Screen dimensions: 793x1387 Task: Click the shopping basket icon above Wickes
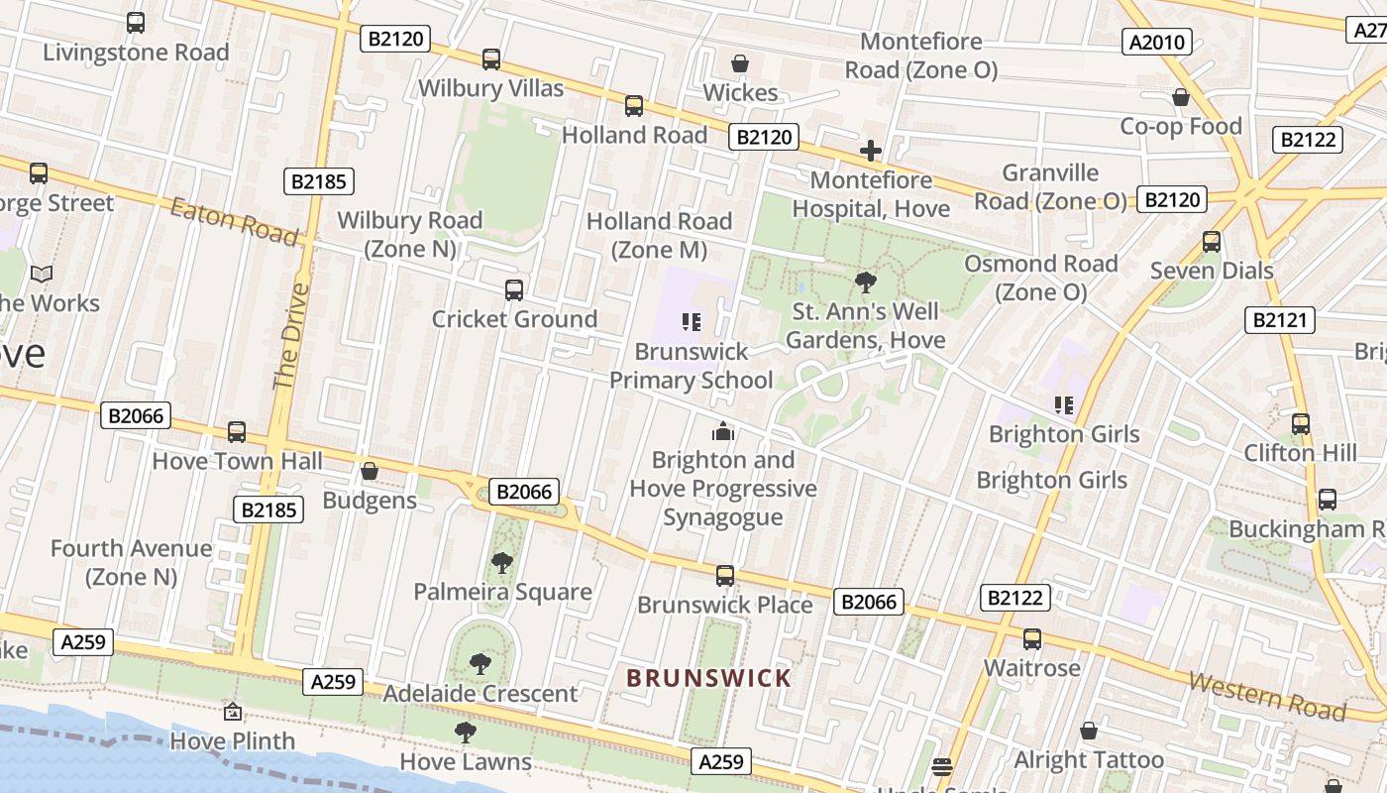(x=739, y=64)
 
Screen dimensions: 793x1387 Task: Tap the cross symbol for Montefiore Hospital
(x=871, y=151)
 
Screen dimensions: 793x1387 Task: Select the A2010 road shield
(x=1158, y=42)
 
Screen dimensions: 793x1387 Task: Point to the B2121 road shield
(x=1279, y=319)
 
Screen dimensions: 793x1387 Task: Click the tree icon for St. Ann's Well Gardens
(x=866, y=283)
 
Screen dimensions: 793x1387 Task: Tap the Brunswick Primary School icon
(x=691, y=321)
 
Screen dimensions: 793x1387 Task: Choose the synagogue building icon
(x=724, y=431)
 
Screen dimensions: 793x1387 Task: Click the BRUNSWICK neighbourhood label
(x=709, y=678)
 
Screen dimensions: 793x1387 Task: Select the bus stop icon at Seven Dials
(x=1211, y=242)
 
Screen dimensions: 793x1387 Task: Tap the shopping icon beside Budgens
(x=370, y=471)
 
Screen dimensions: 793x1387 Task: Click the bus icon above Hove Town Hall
(x=237, y=432)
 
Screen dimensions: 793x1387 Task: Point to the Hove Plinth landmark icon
(x=232, y=712)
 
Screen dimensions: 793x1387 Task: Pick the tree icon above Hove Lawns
(x=465, y=733)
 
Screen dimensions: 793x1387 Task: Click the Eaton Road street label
(x=234, y=220)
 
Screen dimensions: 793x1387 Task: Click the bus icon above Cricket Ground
(x=513, y=290)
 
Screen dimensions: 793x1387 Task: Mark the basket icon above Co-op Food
(x=1180, y=97)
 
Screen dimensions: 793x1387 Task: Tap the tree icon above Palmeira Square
(x=502, y=563)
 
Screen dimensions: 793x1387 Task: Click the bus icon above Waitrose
(x=1031, y=639)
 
